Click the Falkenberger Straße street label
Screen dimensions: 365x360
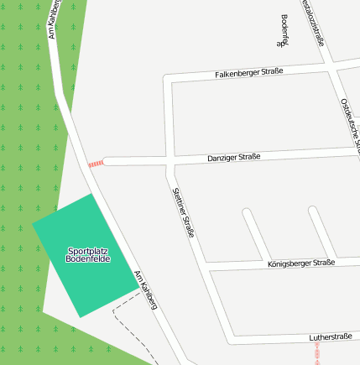249,72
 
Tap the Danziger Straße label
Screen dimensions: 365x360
234,157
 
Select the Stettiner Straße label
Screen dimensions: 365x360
183,212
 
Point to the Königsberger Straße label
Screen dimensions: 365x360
300,263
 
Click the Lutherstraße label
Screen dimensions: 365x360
330,336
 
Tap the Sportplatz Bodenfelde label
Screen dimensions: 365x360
87,255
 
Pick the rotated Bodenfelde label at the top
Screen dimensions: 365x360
284,30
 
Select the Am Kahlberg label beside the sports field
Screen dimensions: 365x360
146,289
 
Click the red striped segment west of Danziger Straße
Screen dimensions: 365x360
96,163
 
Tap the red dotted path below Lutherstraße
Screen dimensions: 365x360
318,353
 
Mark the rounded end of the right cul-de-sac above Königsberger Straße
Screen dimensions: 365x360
313,211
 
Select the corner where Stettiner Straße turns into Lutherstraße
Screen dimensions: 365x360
231,340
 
